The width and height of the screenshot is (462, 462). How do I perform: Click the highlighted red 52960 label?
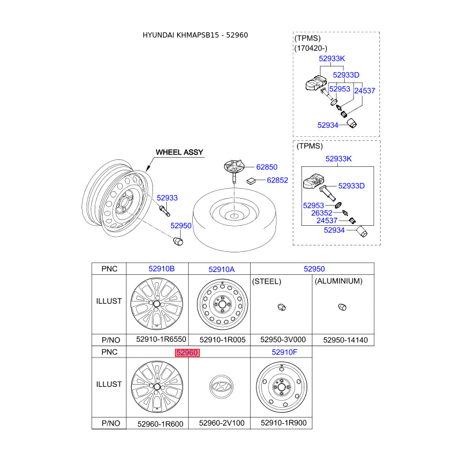[x=187, y=353]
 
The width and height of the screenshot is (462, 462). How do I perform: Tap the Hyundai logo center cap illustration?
[x=221, y=386]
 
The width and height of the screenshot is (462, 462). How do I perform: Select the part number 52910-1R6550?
[x=161, y=340]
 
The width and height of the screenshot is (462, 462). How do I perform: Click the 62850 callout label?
[x=267, y=167]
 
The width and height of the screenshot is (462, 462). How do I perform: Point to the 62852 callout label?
[x=277, y=180]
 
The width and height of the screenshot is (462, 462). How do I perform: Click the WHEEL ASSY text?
[x=180, y=152]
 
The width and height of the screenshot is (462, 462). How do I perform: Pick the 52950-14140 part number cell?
[x=345, y=340]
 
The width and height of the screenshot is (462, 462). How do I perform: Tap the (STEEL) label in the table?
[x=267, y=281]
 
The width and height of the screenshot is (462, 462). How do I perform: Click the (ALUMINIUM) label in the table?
[x=338, y=281]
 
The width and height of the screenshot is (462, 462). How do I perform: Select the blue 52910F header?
[x=284, y=352]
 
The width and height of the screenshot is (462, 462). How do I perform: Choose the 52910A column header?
[x=222, y=269]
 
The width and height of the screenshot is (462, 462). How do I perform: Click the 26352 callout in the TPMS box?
[x=322, y=213]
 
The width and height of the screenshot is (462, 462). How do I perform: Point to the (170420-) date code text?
[x=311, y=48]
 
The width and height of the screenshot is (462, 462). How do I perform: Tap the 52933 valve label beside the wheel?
[x=167, y=198]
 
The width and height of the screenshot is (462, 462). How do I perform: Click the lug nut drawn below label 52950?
[x=178, y=241]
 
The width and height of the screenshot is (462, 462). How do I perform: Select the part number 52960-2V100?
[x=222, y=423]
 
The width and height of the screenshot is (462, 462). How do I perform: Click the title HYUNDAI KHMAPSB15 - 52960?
[x=195, y=35]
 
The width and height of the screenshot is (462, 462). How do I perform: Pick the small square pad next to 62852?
[x=251, y=181]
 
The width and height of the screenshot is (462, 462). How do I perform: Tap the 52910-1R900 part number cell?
[x=284, y=423]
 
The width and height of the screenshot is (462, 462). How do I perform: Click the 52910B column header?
[x=162, y=269]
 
